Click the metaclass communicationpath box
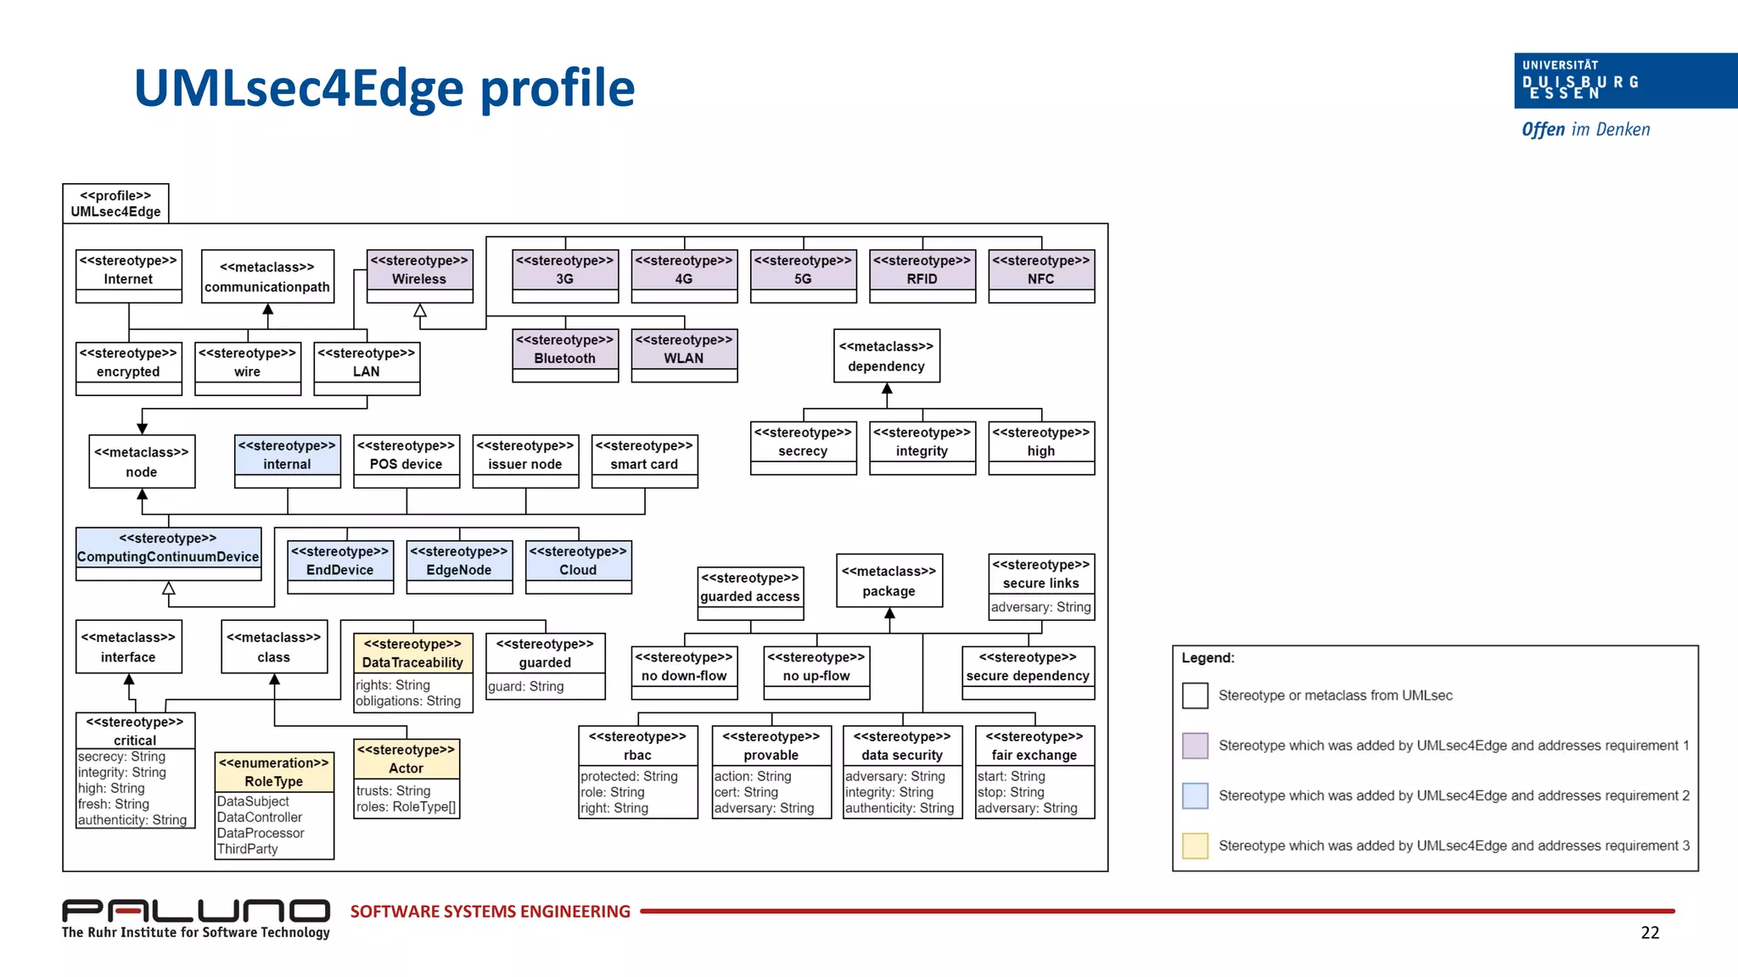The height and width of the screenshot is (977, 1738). tap(267, 276)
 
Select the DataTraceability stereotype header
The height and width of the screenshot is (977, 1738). tap(412, 653)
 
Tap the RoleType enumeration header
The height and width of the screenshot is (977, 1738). tap(273, 772)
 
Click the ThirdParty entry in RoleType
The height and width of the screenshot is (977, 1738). tap(248, 849)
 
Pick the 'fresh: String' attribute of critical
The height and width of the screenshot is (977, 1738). tap(114, 804)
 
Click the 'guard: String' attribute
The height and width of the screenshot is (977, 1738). tap(526, 686)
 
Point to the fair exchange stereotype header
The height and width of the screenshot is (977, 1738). tap(1034, 745)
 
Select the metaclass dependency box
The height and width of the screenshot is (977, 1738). tap(886, 356)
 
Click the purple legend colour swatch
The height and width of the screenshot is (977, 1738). tap(1195, 745)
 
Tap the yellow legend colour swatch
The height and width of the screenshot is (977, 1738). tap(1195, 846)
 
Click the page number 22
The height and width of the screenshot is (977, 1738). tap(1649, 933)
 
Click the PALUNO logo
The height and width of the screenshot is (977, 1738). tap(196, 912)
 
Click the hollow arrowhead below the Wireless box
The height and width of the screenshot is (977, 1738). tap(419, 311)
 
